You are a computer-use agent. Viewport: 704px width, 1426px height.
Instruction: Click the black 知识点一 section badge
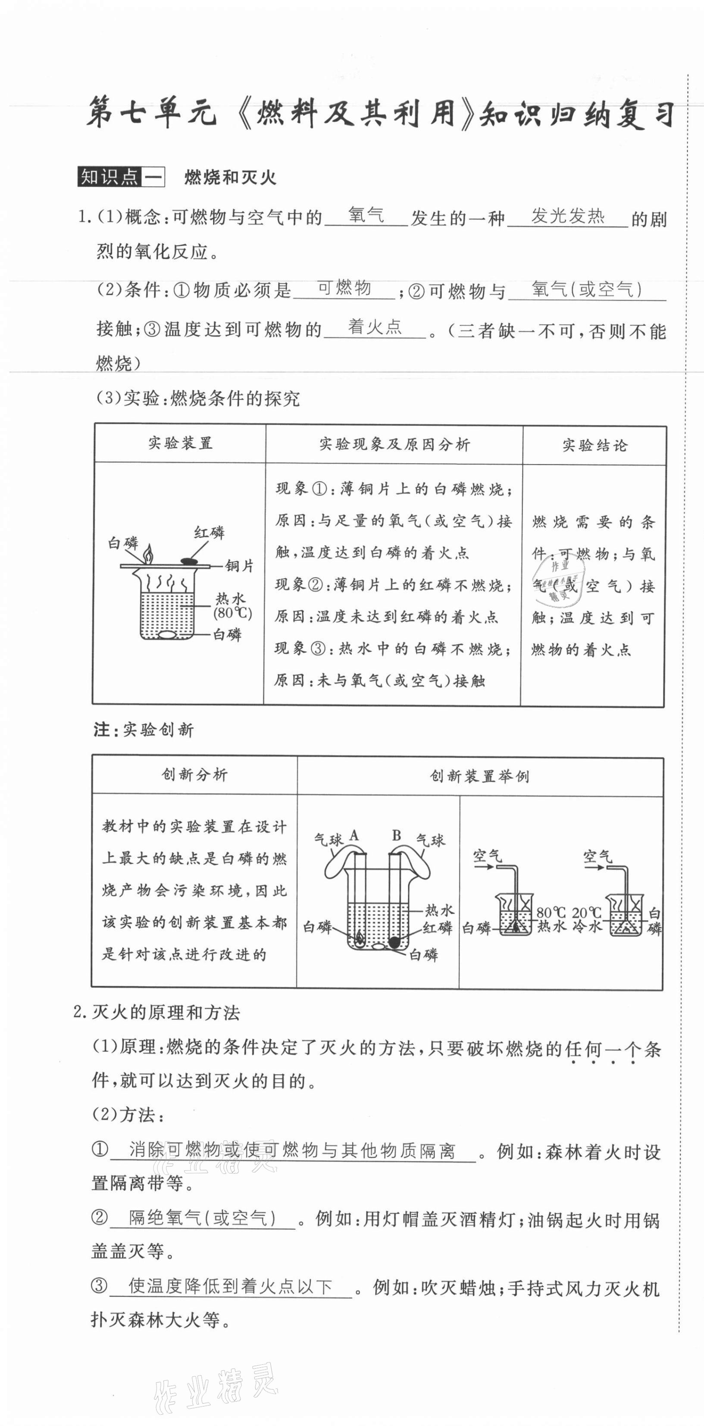(121, 177)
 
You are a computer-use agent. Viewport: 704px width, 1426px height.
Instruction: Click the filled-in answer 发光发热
(568, 216)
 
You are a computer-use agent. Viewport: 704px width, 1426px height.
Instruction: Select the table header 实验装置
(180, 443)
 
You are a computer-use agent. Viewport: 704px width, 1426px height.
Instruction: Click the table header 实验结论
(594, 445)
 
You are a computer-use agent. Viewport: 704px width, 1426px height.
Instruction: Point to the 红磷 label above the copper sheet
(209, 533)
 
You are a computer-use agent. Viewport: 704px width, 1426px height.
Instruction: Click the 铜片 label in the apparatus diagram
(239, 566)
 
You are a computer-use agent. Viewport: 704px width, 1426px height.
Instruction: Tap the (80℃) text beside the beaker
(232, 613)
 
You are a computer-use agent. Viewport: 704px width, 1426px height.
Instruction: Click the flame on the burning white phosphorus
(148, 553)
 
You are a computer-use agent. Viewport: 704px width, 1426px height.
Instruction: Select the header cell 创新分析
(194, 774)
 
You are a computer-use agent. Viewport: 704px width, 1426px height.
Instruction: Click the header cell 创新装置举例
(479, 776)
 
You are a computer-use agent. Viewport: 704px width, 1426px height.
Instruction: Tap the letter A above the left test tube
(354, 835)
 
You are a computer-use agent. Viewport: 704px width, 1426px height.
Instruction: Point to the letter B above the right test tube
(396, 835)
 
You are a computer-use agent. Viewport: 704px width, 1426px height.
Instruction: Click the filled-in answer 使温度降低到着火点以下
(230, 1285)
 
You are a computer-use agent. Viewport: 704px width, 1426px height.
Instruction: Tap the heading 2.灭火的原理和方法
(157, 1012)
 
